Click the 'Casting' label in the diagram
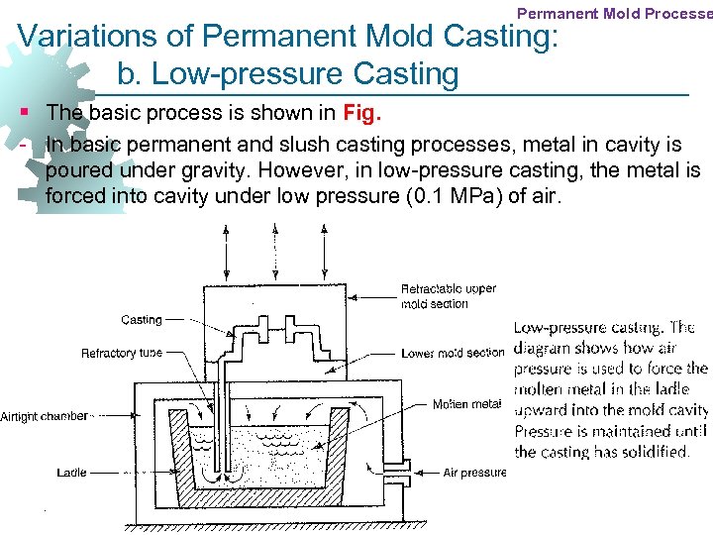coord(142,320)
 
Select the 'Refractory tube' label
coord(121,354)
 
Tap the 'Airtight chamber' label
coord(44,416)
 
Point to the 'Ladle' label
coord(71,474)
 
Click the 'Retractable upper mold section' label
coord(448,296)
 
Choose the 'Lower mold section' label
coord(453,353)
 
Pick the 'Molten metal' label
coord(465,404)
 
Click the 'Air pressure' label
coord(474,474)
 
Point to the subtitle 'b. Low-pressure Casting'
coord(287,74)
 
